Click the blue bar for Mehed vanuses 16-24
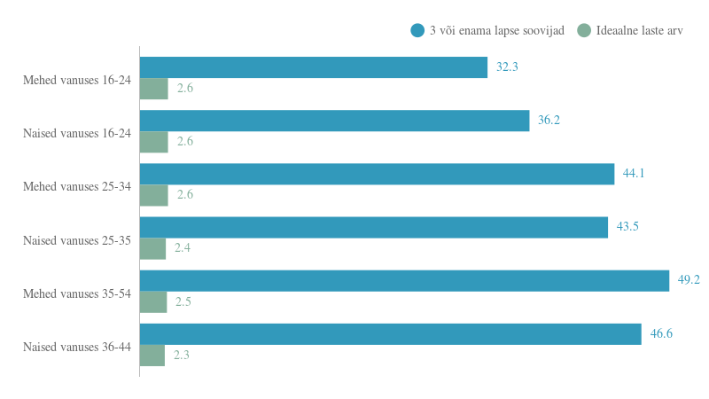(313, 67)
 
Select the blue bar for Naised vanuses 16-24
(334, 121)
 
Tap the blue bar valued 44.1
(377, 174)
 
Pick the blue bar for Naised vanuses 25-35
(373, 227)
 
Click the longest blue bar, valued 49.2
(404, 280)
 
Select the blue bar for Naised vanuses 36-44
(390, 333)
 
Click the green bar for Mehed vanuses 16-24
(153, 89)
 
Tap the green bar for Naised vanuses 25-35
(152, 248)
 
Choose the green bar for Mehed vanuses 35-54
(153, 301)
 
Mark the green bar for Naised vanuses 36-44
(152, 355)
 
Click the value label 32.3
(507, 67)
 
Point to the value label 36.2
(549, 121)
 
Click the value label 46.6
(661, 333)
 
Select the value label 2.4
(183, 248)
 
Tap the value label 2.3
(182, 355)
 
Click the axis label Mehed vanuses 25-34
(77, 187)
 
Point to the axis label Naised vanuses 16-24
(77, 134)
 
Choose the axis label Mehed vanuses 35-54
(77, 293)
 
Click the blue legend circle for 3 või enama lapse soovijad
(417, 30)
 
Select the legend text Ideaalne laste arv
(639, 30)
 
